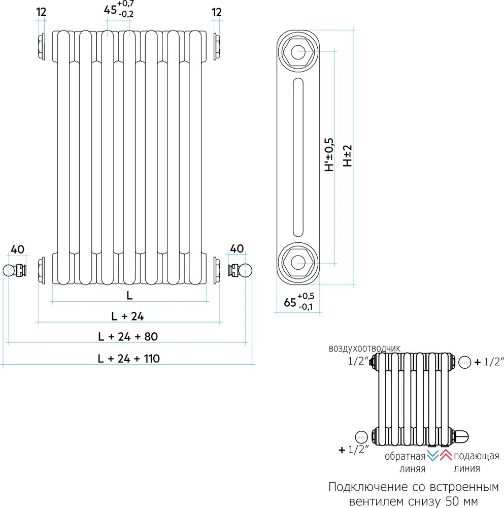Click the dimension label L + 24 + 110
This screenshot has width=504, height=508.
129,359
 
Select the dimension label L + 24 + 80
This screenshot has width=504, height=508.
128,337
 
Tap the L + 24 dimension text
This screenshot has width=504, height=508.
127,316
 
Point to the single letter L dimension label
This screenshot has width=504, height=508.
129,296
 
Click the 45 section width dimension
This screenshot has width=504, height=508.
119,9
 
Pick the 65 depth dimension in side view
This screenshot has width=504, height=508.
299,301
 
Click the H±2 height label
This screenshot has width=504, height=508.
347,155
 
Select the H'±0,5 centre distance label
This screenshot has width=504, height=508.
329,155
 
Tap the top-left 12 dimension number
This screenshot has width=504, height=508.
42,12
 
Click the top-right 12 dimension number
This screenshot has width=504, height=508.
217,13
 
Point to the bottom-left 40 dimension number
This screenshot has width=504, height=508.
17,249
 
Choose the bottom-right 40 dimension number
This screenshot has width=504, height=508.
237,249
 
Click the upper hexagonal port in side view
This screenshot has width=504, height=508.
298,51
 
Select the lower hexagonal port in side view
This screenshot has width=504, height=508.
298,263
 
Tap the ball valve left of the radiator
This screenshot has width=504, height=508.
15,271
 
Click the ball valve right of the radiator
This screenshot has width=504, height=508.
240,271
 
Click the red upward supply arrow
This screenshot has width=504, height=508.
446,455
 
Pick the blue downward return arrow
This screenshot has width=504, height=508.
432,455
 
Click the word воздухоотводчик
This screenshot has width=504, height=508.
364,348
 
